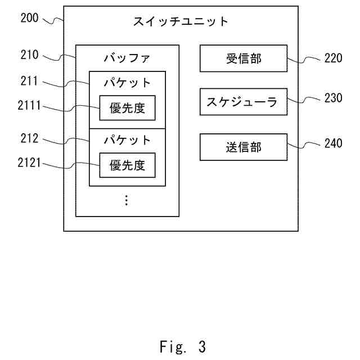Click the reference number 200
pos(29,17)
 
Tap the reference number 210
pos(29,55)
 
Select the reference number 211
pos(29,81)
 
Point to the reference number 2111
pos(29,105)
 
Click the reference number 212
pos(29,138)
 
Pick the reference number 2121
pos(29,163)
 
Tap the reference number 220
pos(333,58)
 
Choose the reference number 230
pos(333,97)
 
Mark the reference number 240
pos(333,143)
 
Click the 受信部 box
pos(244,58)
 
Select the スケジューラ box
pos(244,102)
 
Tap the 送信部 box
pos(244,147)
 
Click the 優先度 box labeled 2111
pos(127,107)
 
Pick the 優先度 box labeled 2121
pos(127,165)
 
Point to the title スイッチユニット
pos(181,21)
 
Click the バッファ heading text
pos(127,58)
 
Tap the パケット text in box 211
pos(127,83)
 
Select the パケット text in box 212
pos(127,140)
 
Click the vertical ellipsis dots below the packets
pos(127,200)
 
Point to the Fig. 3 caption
pos(183,346)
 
